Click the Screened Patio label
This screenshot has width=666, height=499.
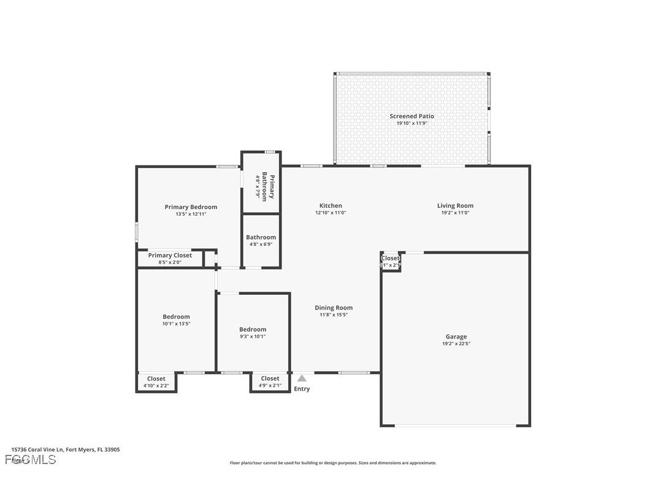coord(411,116)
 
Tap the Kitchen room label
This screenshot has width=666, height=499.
coord(331,206)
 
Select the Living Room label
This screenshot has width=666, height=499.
coord(455,206)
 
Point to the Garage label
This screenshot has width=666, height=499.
coord(456,337)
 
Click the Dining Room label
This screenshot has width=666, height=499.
coord(334,308)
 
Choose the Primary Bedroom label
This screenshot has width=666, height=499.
coord(191,207)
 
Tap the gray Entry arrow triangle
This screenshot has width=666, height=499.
coord(302,379)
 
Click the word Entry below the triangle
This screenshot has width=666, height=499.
coord(302,389)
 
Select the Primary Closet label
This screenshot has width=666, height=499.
coord(170,256)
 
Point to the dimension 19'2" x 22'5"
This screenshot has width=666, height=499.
coord(456,344)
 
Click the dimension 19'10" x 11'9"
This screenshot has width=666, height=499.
coord(411,123)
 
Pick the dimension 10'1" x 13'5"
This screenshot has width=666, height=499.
coord(176,324)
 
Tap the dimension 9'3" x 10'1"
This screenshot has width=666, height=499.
coord(253,336)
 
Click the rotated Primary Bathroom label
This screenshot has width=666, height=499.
coord(267,186)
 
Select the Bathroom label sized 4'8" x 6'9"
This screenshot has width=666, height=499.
coord(261,237)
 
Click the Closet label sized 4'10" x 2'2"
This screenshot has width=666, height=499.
coord(156,379)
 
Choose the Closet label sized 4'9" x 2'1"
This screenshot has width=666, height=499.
coord(270,379)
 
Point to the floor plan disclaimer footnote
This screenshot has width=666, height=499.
coord(333,463)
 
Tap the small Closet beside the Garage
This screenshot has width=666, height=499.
coord(390,259)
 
